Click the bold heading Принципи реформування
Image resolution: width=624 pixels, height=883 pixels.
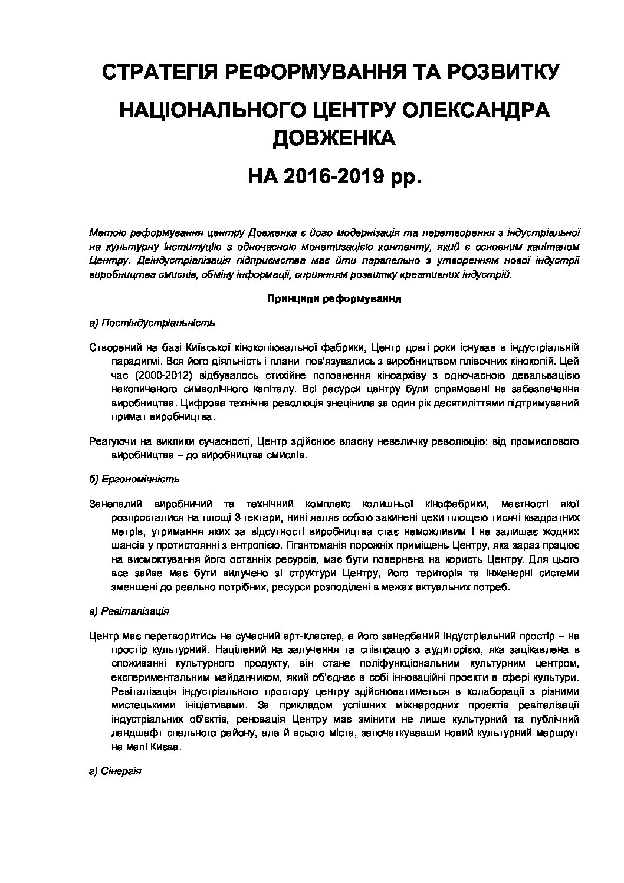coord(334,299)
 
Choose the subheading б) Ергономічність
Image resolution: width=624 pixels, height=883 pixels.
coord(134,479)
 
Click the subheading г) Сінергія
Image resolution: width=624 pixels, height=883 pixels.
coord(115,772)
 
